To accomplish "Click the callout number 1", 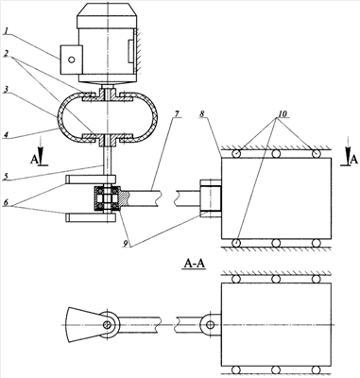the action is coord(6,31).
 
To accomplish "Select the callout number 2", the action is coord(6,53).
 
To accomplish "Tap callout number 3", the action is coord(6,90).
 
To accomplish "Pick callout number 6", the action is coord(6,202).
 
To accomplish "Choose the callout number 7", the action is coord(178,113).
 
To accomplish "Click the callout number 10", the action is coord(283,113).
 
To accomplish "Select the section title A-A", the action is coord(195,264).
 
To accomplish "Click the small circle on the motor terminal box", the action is coord(72,60).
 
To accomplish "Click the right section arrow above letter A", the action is coord(347,147).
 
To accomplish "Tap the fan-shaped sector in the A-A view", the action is coord(86,324).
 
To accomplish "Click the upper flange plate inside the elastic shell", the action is coord(108,96).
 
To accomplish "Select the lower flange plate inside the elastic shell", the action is coord(108,139).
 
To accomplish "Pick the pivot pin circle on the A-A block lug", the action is coord(210,325).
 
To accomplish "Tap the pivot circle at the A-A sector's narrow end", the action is coord(108,324).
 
